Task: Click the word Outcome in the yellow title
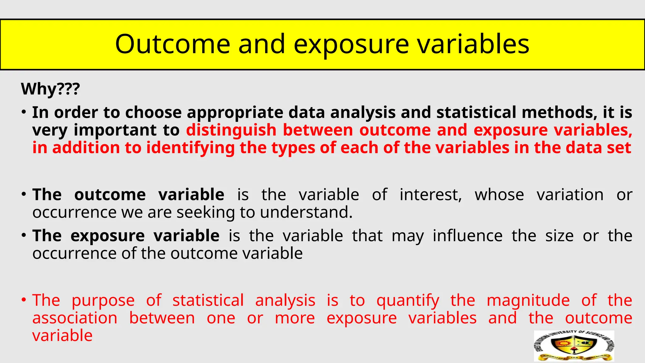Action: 173,44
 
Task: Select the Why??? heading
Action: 50,89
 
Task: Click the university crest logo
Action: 574,346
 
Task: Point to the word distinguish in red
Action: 231,130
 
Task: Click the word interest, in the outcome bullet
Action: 431,195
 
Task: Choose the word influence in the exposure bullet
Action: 467,236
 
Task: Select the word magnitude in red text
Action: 528,300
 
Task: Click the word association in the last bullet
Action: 75,318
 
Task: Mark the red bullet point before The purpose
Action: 24,300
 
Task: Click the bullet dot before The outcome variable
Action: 24,194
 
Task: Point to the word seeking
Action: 206,213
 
